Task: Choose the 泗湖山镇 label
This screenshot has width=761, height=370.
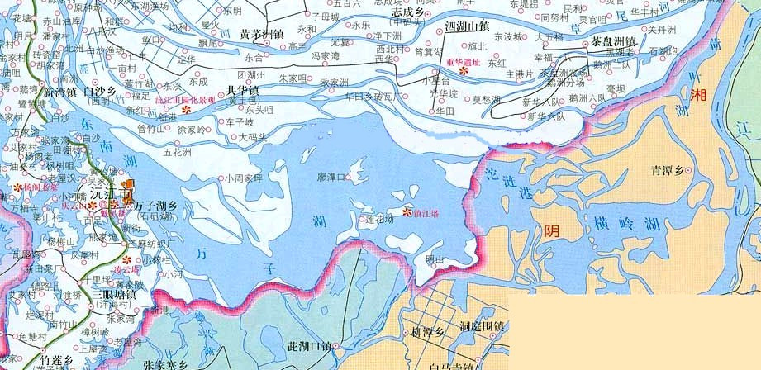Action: [x=467, y=26]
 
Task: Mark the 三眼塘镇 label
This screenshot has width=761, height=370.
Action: [x=113, y=293]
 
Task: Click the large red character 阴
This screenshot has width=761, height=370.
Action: [x=550, y=230]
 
